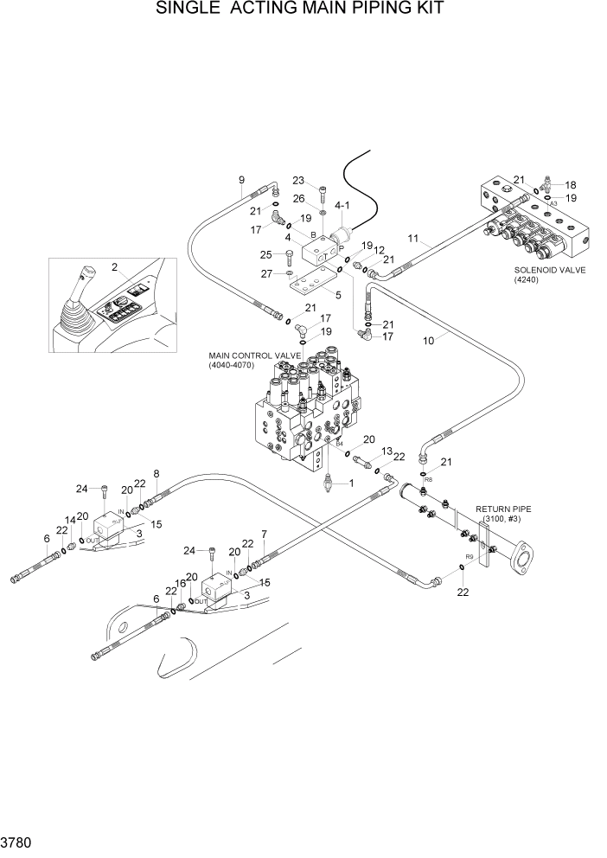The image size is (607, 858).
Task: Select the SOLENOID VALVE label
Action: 549,271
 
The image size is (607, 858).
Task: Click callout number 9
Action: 242,180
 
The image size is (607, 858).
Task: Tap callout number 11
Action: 413,239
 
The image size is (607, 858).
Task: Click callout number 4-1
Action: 341,206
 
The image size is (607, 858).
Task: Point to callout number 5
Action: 338,294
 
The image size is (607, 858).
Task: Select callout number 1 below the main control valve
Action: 351,483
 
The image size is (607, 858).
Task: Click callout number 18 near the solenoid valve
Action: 571,184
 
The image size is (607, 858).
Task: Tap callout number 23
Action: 298,181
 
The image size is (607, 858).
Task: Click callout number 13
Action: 387,451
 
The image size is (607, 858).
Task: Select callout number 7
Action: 264,535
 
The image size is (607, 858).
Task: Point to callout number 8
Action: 157,473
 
